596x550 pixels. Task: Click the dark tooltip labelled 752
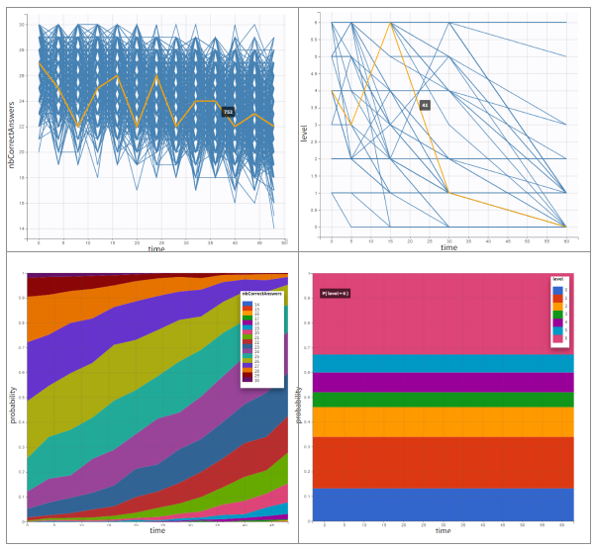(x=228, y=112)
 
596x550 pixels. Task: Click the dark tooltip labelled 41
(x=425, y=105)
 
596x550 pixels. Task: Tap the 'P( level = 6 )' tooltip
(x=336, y=294)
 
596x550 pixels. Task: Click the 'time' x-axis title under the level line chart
(x=448, y=247)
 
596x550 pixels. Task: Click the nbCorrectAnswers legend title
(x=262, y=294)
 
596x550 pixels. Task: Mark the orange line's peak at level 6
(x=391, y=22)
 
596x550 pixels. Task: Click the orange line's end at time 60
(x=565, y=227)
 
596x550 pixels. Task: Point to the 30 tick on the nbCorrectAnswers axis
(x=29, y=24)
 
